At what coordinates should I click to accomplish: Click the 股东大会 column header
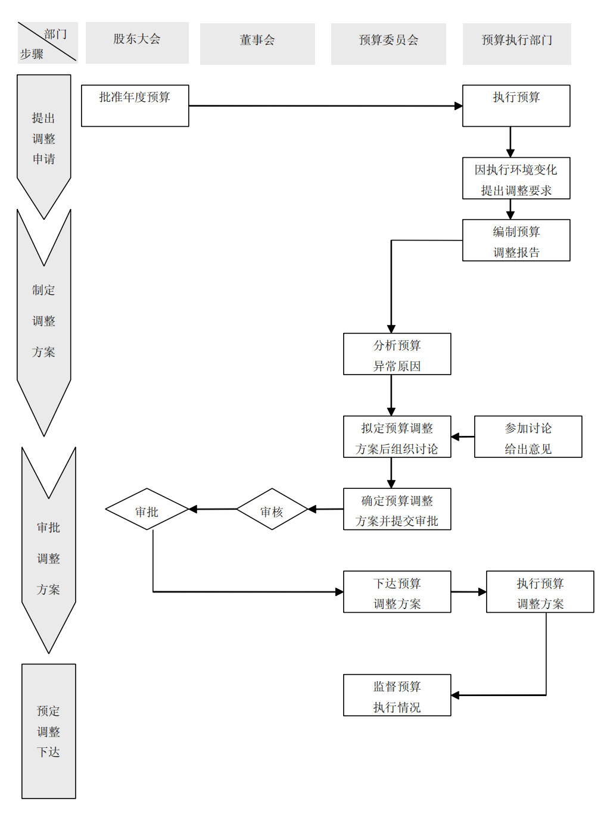tap(137, 42)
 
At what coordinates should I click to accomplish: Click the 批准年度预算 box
tap(135, 105)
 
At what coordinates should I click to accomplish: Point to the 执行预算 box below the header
tap(516, 105)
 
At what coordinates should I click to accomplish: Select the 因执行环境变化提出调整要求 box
tap(516, 178)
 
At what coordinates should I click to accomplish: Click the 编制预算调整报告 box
tap(516, 241)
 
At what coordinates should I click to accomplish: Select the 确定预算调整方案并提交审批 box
tap(397, 509)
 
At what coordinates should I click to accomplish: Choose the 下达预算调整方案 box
tap(397, 592)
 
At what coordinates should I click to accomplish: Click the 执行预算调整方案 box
tap(540, 592)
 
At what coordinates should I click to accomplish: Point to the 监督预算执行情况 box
tap(397, 695)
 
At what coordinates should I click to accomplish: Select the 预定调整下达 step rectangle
tap(49, 731)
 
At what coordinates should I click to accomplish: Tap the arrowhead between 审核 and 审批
tap(193, 509)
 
